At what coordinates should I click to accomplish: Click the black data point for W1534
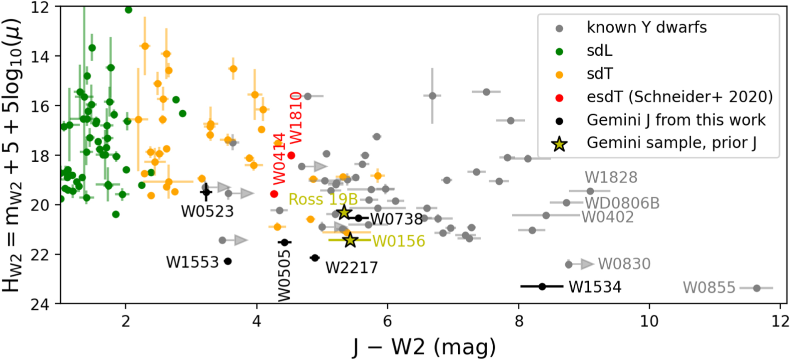point(542,286)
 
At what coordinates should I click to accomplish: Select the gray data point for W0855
point(757,288)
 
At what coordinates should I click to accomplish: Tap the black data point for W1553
point(227,261)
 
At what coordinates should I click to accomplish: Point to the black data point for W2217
point(315,258)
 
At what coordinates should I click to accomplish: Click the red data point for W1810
point(291,155)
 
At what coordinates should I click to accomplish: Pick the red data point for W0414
point(274,194)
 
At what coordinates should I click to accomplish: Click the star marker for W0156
point(350,240)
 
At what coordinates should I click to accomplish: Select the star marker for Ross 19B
point(344,212)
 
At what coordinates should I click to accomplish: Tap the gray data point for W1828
point(590,191)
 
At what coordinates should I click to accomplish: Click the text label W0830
point(624,264)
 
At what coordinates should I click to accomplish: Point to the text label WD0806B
point(622,203)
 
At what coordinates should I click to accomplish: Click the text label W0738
point(396,219)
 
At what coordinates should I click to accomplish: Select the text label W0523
point(207,212)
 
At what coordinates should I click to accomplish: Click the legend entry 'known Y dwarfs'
point(646,27)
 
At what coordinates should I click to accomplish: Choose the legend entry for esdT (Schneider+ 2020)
point(679,97)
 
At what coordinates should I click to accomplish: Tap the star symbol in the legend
point(560,144)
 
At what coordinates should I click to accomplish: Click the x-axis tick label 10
point(649,321)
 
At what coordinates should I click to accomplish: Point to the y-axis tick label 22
point(40,254)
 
